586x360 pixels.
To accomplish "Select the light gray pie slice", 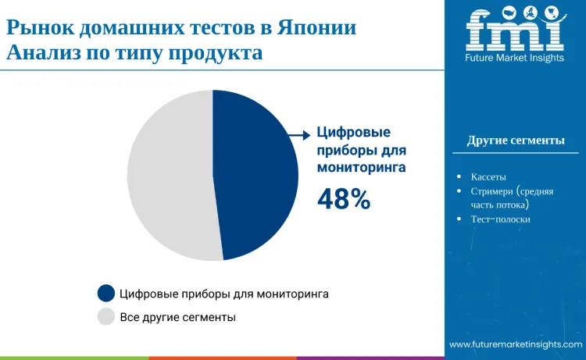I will pos(168,176).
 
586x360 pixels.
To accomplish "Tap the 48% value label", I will pos(343,200).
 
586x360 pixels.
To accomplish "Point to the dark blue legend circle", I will pos(106,294).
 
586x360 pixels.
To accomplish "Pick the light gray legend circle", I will pos(106,317).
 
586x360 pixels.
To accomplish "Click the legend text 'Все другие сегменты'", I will pos(177,318).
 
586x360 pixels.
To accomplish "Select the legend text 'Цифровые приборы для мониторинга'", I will pos(224,294).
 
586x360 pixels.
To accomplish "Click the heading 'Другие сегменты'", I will pos(516,141).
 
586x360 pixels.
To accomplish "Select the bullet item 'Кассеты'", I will pos(488,176).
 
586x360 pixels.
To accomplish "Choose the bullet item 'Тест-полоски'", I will pos(501,219).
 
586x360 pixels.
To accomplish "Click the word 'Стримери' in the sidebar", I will pos(491,191).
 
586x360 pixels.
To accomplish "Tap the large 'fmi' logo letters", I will pos(515,30).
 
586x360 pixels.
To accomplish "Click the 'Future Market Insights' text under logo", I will pos(515,58).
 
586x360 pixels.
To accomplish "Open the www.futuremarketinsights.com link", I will pos(516,344).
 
